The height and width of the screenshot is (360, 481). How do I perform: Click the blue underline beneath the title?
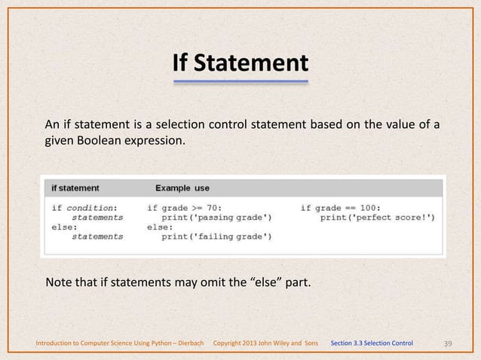tap(240, 80)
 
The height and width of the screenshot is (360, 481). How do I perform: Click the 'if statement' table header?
tap(75, 188)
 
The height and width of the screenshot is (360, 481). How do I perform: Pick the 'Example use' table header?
tap(182, 188)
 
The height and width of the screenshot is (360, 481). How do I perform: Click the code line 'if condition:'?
tap(84, 207)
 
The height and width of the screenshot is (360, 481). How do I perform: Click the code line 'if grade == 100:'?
tap(341, 207)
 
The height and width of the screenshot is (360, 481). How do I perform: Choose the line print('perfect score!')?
tap(377, 217)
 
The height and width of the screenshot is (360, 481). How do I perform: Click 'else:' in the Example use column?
tap(160, 227)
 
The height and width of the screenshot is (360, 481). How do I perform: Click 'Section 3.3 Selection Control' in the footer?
tap(372, 344)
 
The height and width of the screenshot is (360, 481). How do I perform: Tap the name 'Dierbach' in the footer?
tap(187, 344)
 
